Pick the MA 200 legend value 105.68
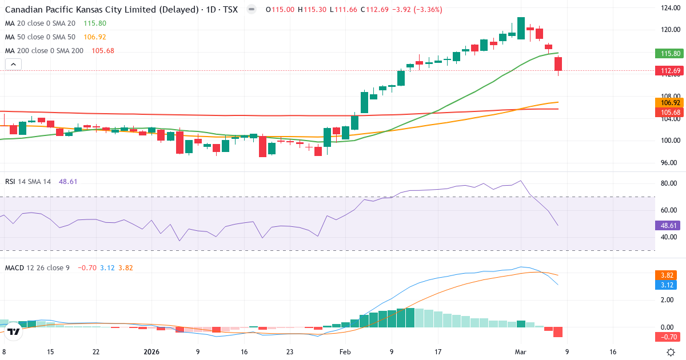point(103,51)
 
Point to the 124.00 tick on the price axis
point(669,8)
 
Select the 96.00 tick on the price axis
point(669,162)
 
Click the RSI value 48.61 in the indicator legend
point(68,181)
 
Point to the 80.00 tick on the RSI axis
point(669,183)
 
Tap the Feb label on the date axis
point(345,352)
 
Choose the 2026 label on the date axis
point(152,352)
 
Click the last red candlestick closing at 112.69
point(558,63)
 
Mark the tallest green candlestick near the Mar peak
point(521,28)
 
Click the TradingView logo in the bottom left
point(14,331)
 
